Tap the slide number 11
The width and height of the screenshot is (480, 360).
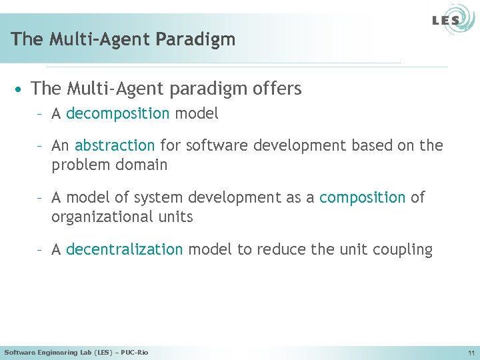(x=471, y=352)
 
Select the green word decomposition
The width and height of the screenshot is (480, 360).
(x=118, y=114)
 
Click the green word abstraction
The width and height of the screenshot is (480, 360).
(x=115, y=146)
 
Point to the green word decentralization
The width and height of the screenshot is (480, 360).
(x=124, y=250)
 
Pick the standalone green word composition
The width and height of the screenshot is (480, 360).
(x=362, y=198)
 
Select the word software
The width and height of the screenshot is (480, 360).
(x=214, y=146)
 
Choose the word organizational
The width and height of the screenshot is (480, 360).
(x=99, y=217)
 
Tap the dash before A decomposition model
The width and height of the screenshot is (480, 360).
(x=40, y=114)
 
